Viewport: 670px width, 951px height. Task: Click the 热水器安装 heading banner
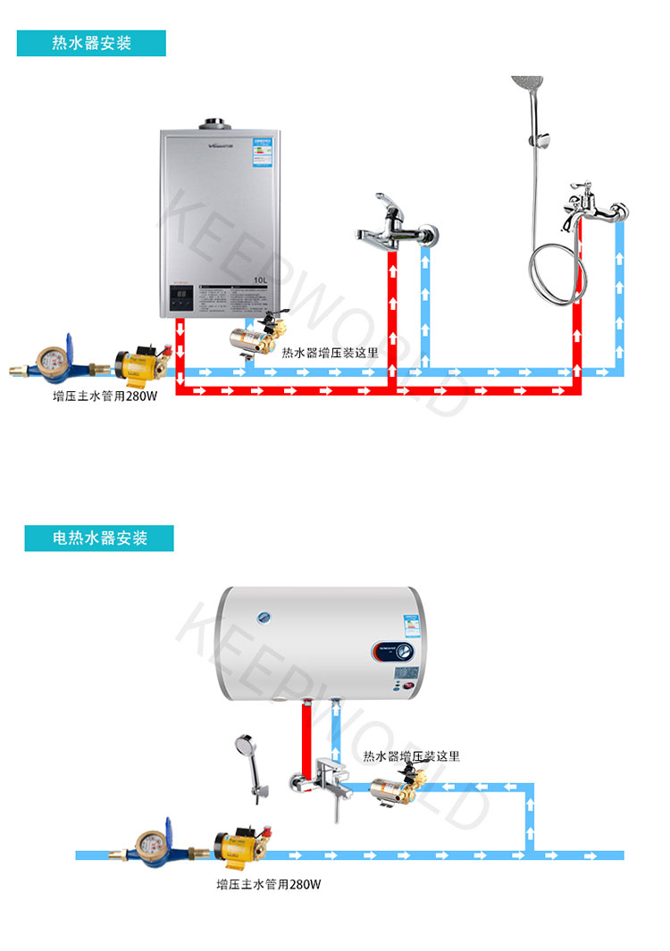(91, 43)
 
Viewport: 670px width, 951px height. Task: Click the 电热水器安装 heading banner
(99, 538)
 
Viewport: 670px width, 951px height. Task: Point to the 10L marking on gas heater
(260, 280)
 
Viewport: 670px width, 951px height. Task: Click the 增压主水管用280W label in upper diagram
(105, 396)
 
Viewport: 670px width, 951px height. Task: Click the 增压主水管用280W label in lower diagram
(268, 885)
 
